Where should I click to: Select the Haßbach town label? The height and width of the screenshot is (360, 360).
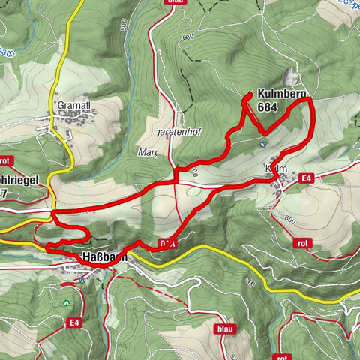[103, 257]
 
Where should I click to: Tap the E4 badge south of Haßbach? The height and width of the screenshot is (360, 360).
[74, 322]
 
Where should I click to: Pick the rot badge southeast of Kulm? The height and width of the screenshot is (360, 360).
[303, 242]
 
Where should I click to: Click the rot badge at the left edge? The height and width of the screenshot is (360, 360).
[5, 160]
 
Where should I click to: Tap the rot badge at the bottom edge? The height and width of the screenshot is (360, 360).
[281, 356]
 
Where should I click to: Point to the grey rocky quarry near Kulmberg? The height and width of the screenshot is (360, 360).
[291, 78]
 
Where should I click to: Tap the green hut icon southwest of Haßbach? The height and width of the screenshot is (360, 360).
[67, 302]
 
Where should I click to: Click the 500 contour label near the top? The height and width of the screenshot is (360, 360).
[123, 25]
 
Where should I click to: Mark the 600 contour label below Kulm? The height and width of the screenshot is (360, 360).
[291, 220]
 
